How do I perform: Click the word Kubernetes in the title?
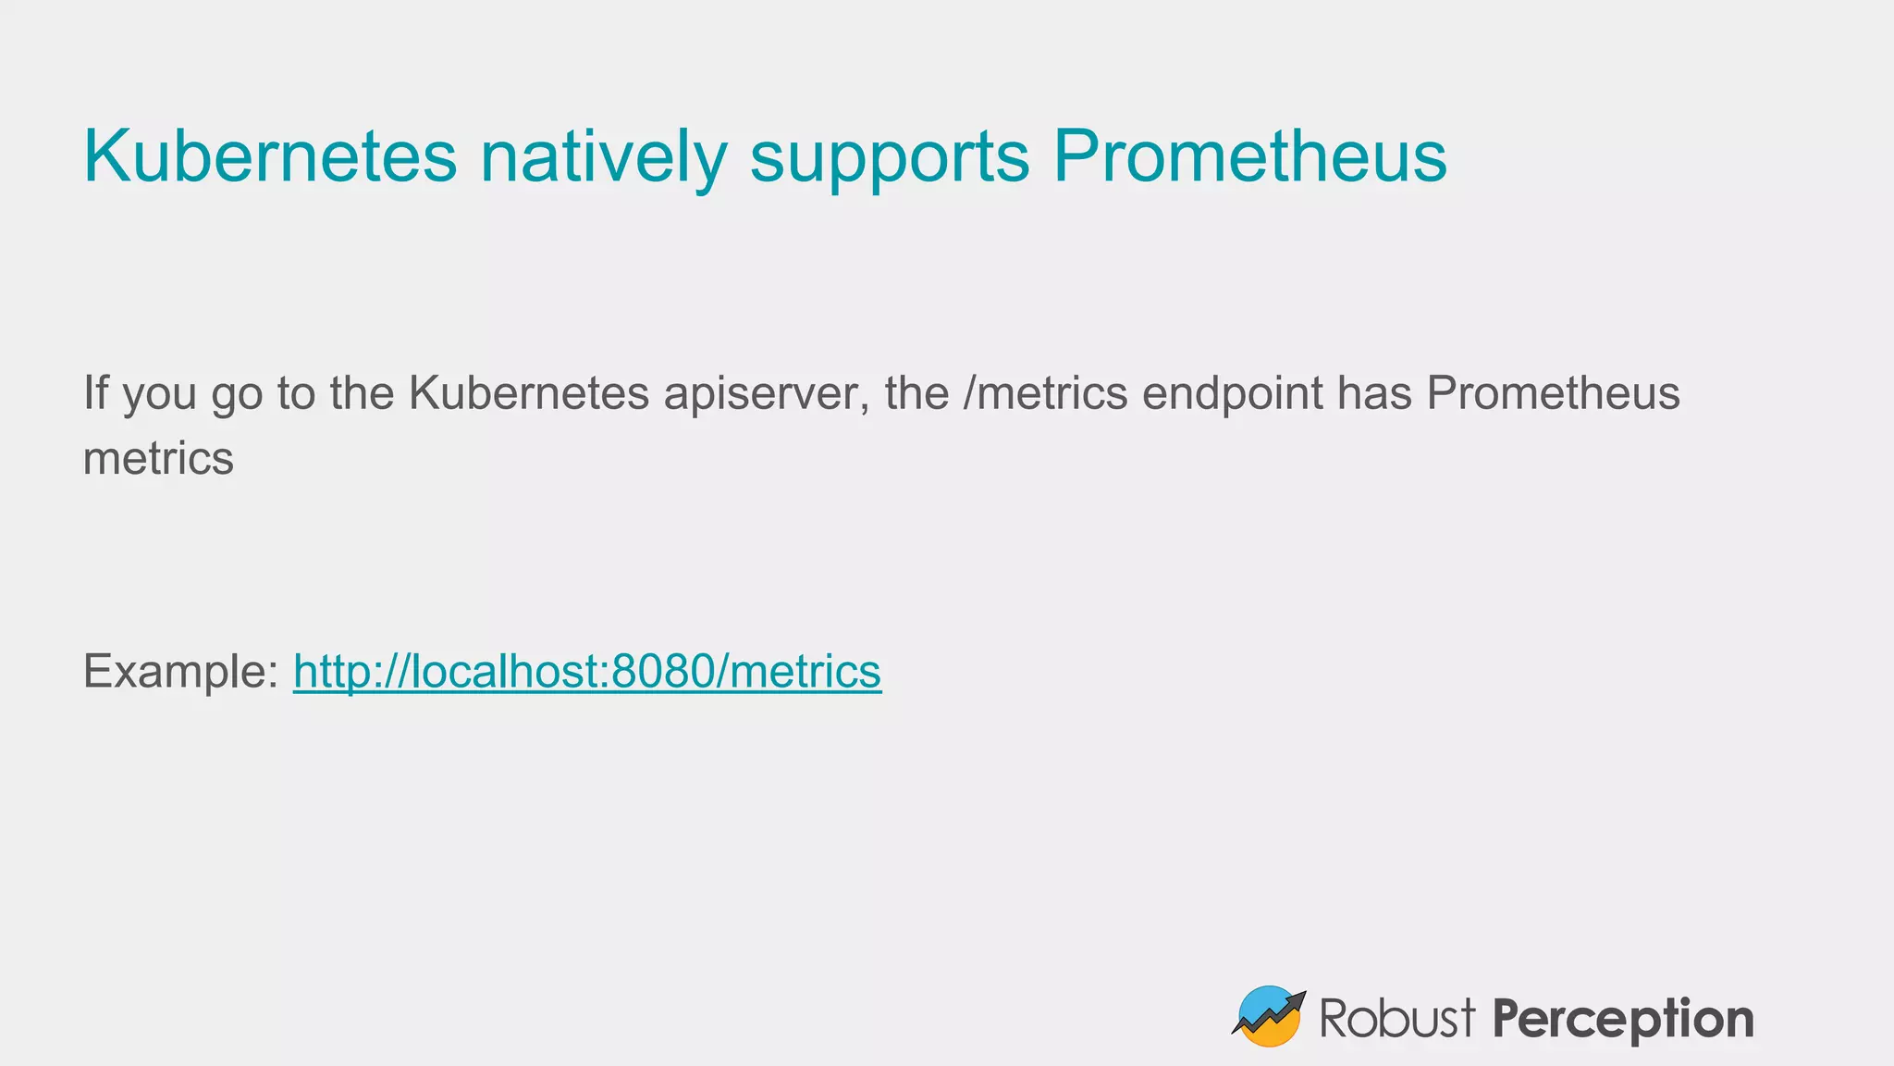tap(270, 155)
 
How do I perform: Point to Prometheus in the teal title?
tap(1249, 155)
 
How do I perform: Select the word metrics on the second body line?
tap(158, 458)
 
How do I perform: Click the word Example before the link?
tap(179, 672)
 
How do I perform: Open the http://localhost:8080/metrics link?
tap(587, 671)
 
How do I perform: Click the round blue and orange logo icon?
tap(1268, 1017)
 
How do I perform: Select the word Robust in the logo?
tap(1396, 1018)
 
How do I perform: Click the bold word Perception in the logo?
tap(1623, 1019)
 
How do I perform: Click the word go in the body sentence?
tap(237, 395)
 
